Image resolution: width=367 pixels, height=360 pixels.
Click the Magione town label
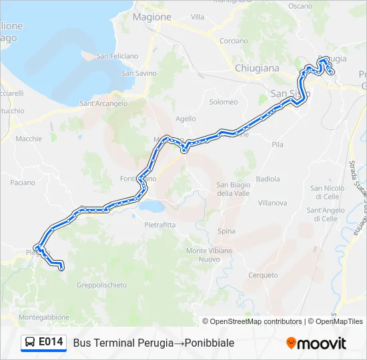click(152, 17)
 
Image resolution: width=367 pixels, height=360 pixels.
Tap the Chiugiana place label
click(257, 68)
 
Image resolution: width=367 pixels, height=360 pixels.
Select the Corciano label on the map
click(234, 41)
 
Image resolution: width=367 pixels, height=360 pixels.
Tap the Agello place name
click(186, 119)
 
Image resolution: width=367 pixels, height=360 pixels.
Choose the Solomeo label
click(224, 102)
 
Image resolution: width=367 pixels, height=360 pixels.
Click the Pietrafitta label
click(160, 225)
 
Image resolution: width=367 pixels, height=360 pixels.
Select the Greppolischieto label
click(101, 285)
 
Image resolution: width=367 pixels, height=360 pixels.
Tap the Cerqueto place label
click(263, 275)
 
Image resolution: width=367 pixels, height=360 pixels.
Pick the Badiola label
click(268, 179)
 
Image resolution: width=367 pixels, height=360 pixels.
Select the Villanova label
click(272, 203)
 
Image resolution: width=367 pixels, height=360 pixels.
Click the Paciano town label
click(23, 182)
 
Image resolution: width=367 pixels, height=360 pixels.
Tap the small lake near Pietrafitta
click(152, 207)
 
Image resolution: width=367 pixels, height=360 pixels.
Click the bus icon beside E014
click(30, 343)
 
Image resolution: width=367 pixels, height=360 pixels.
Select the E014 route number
click(51, 343)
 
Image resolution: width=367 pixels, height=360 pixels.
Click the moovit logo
click(316, 343)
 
